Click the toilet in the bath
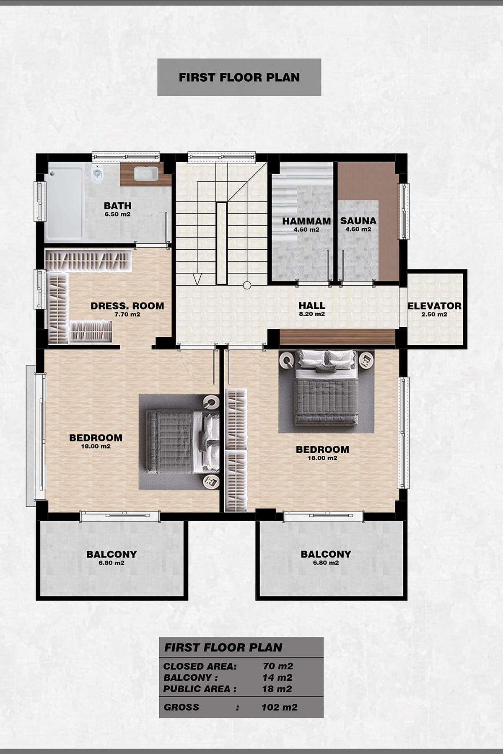(97, 173)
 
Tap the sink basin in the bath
(146, 173)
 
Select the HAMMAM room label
(306, 221)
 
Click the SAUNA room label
(358, 221)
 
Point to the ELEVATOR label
(434, 306)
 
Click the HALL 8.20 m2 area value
(312, 314)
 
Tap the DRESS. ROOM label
(127, 306)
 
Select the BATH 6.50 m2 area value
(117, 214)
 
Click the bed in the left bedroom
(183, 442)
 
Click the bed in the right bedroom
(327, 388)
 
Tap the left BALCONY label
(111, 554)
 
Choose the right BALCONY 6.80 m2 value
(326, 563)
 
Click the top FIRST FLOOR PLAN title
(239, 77)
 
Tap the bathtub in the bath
(64, 203)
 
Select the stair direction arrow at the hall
(197, 279)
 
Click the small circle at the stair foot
(247, 285)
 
